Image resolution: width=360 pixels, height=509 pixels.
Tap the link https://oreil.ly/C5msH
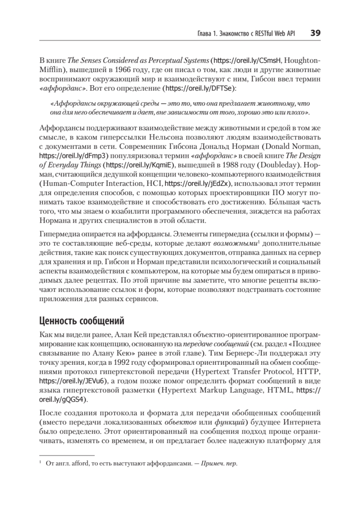239,60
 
